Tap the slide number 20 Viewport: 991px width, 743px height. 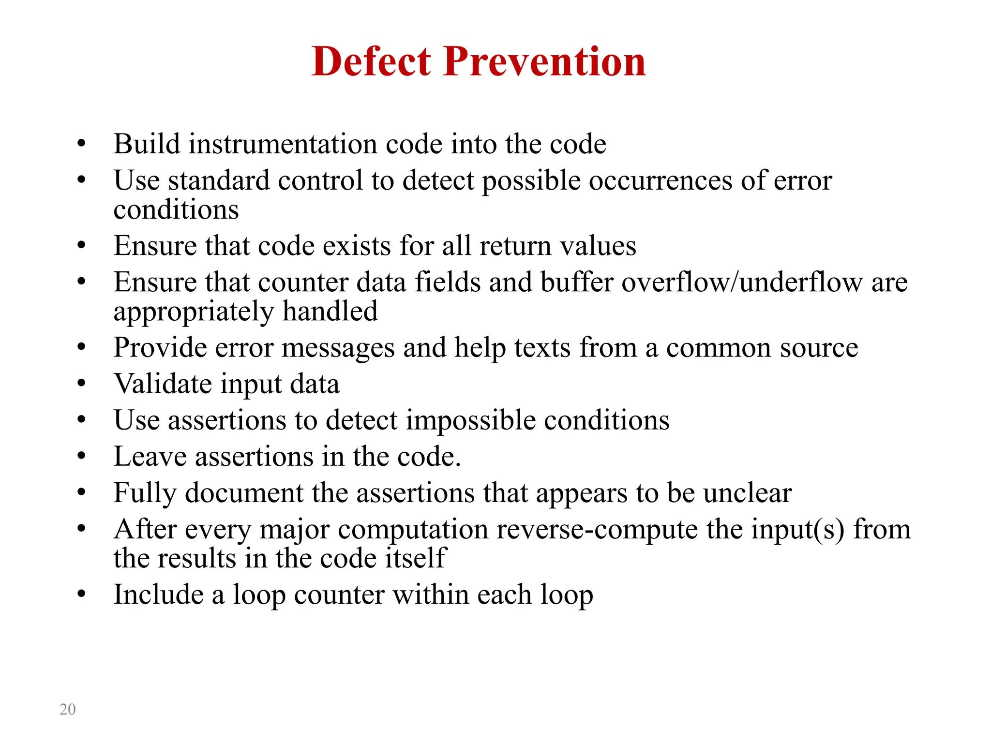[x=67, y=709]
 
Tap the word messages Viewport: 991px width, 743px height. [x=338, y=348]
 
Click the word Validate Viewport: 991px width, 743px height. [x=163, y=384]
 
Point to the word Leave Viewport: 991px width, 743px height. [x=150, y=456]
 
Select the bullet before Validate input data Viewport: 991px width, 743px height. [x=81, y=384]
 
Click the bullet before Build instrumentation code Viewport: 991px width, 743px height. [x=81, y=144]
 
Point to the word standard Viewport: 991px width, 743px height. [x=219, y=180]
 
